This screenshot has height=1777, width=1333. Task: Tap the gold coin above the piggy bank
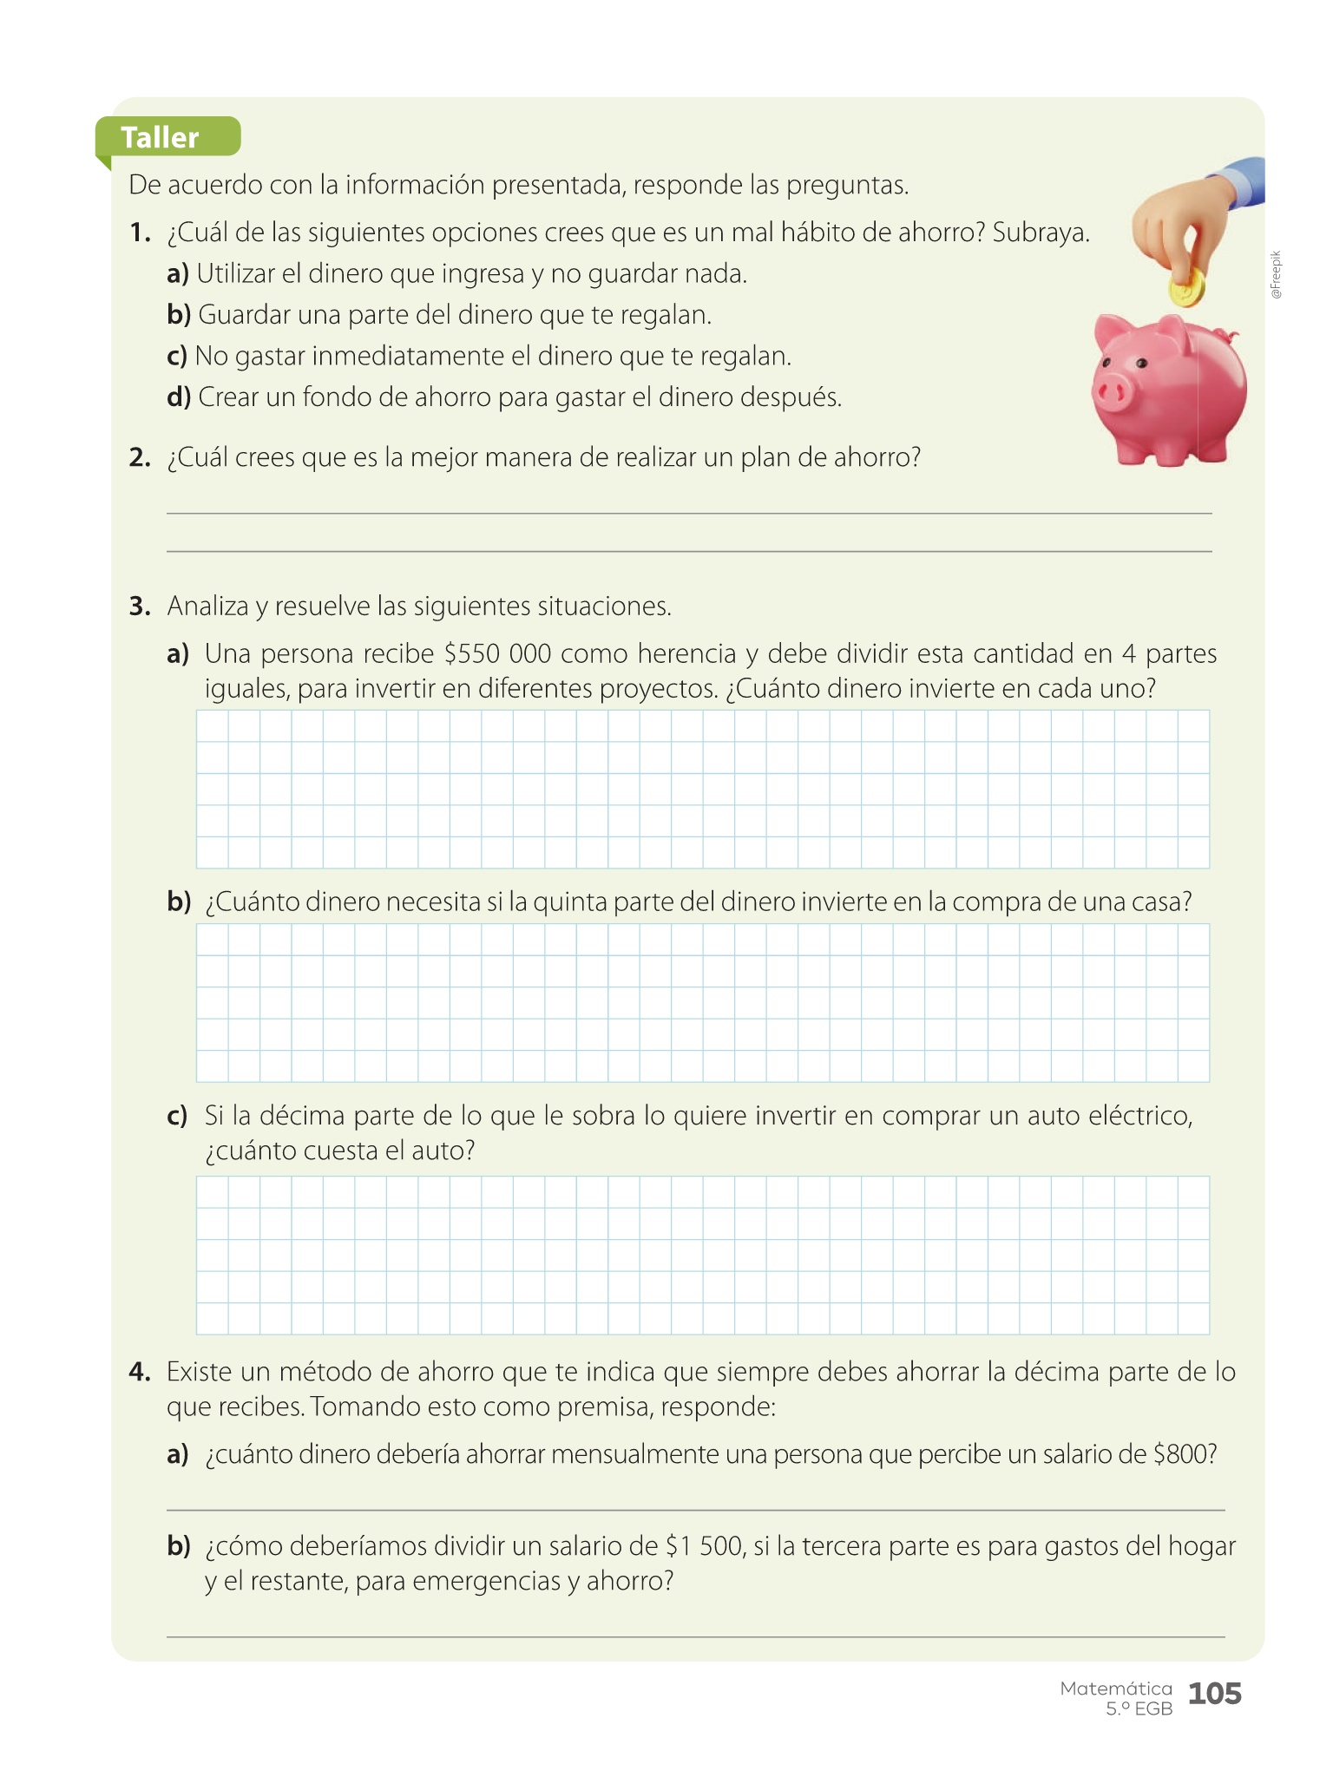tap(1186, 288)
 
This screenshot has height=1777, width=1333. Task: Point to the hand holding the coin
tap(1179, 226)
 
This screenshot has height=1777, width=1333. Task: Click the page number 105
tap(1214, 1693)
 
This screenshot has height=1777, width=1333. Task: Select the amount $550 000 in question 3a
tap(497, 653)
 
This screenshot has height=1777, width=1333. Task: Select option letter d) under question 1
tap(178, 397)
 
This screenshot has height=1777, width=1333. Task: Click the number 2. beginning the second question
tap(140, 457)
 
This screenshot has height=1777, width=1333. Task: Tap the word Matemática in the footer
tap(1116, 1688)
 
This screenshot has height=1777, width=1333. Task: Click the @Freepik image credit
tap(1275, 276)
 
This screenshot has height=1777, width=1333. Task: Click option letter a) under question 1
tap(178, 274)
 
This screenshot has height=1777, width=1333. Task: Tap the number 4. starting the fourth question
tap(140, 1372)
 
